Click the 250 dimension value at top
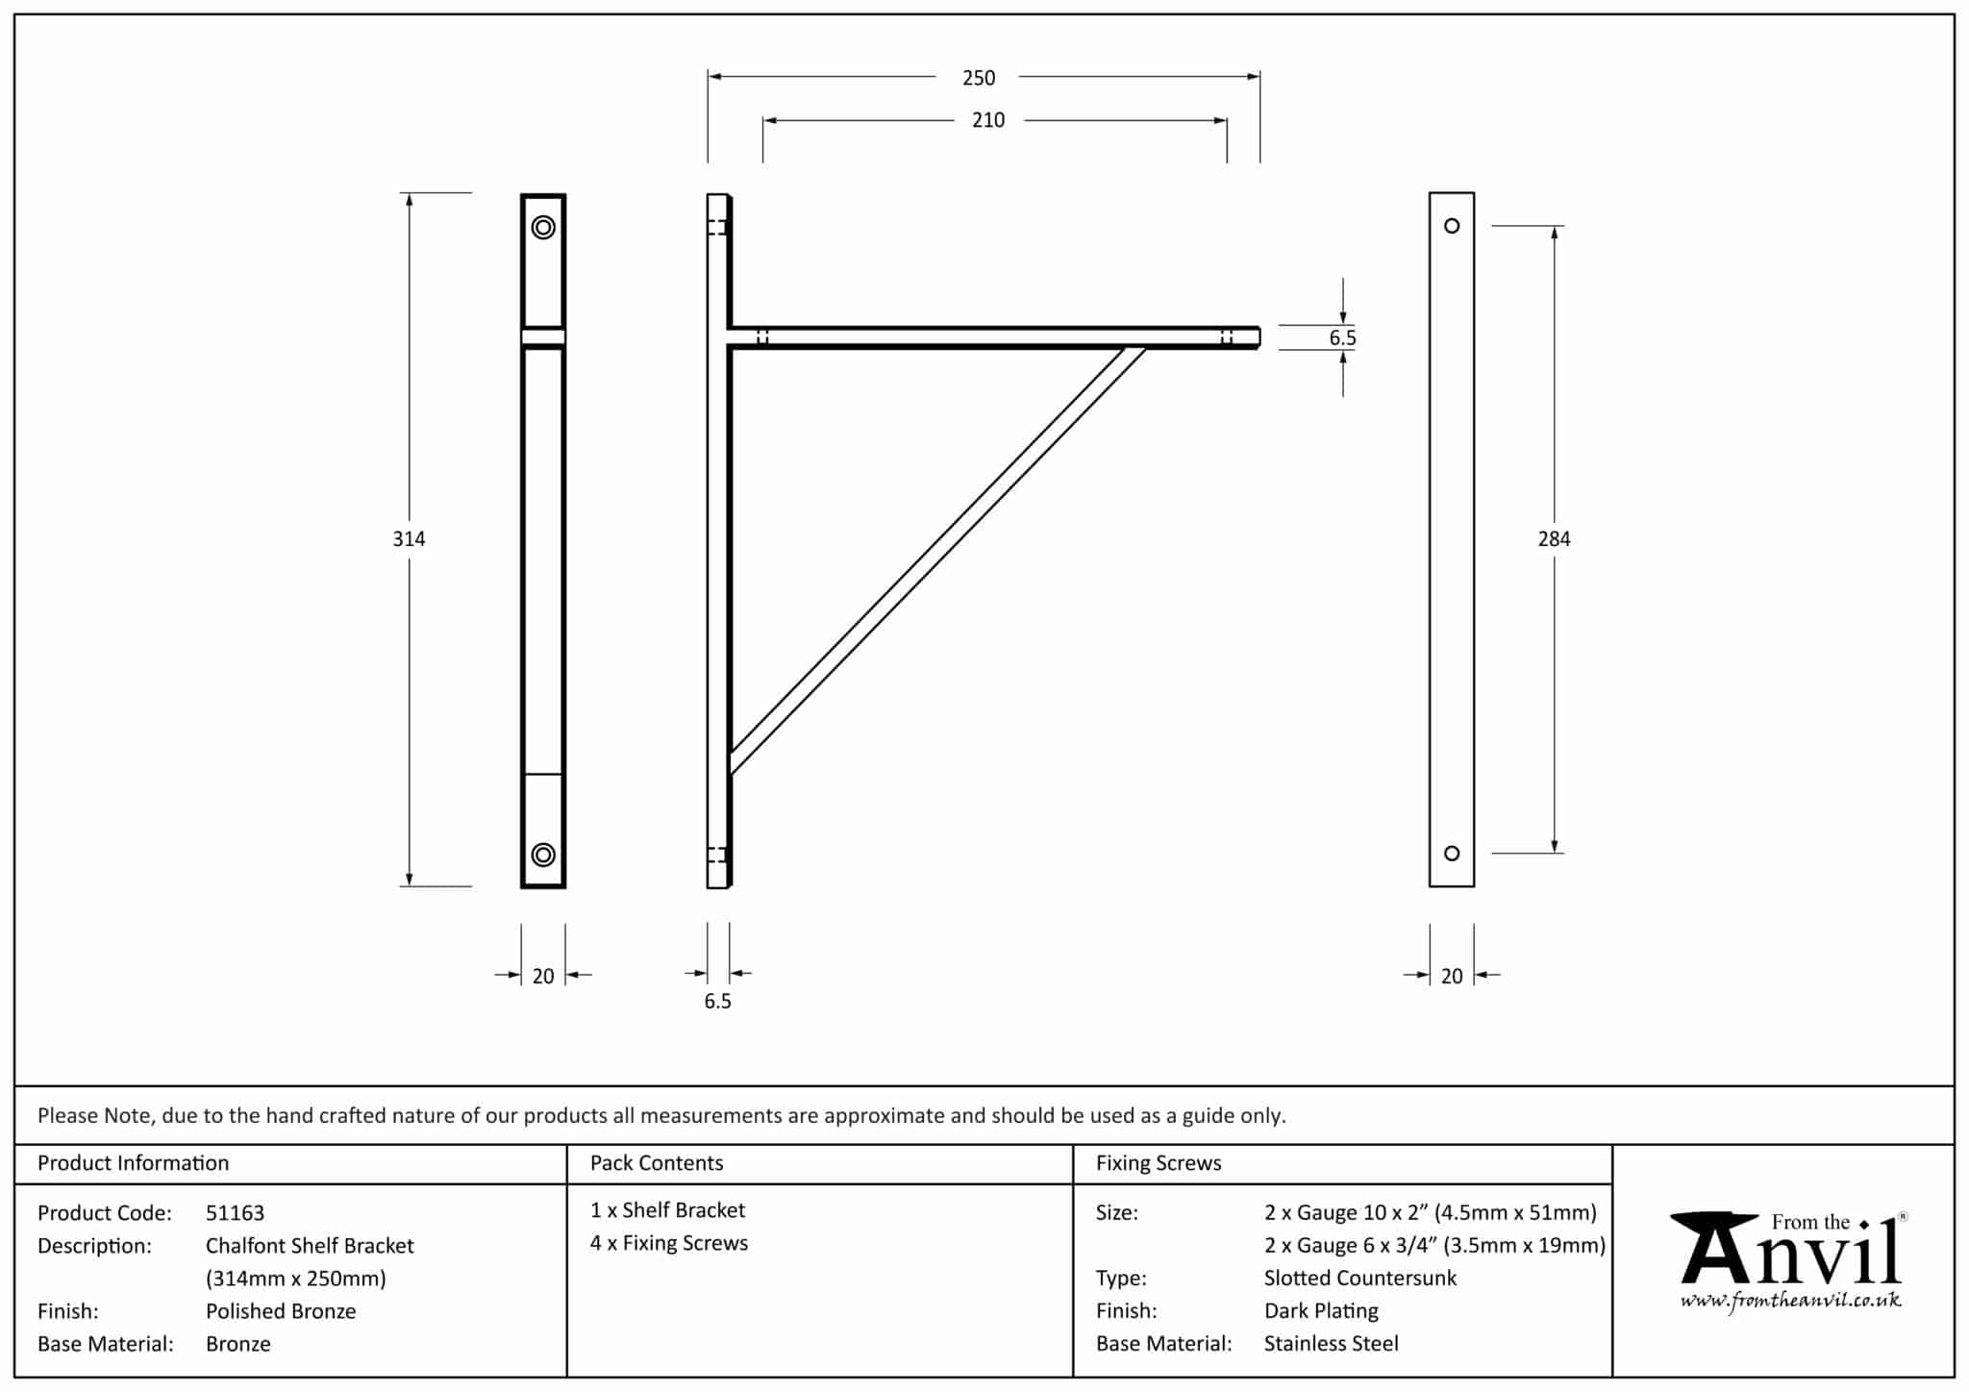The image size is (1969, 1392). (x=979, y=78)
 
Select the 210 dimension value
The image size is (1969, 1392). (x=988, y=120)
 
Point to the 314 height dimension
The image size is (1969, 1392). (x=409, y=539)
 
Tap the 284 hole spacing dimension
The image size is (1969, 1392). (x=1554, y=539)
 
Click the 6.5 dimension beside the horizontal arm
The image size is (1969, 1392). (x=1342, y=337)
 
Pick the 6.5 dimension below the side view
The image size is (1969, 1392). (x=717, y=1002)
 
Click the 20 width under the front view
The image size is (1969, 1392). (x=543, y=977)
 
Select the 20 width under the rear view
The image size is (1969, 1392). (x=1452, y=977)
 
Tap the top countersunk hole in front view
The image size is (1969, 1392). (x=543, y=228)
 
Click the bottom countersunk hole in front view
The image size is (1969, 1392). (x=543, y=855)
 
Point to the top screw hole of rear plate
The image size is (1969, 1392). (x=1452, y=226)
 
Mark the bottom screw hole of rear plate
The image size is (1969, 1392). (x=1452, y=854)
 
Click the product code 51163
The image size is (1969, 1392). (x=235, y=1213)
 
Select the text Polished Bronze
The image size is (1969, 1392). (x=281, y=1311)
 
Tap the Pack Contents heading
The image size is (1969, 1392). (x=657, y=1163)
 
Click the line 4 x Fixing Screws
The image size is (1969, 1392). (x=669, y=1243)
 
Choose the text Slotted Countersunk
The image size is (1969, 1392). (x=1359, y=1279)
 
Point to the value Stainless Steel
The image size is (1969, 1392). (x=1331, y=1344)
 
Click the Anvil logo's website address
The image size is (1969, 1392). (x=1790, y=1302)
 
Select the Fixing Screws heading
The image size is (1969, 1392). (x=1159, y=1163)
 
